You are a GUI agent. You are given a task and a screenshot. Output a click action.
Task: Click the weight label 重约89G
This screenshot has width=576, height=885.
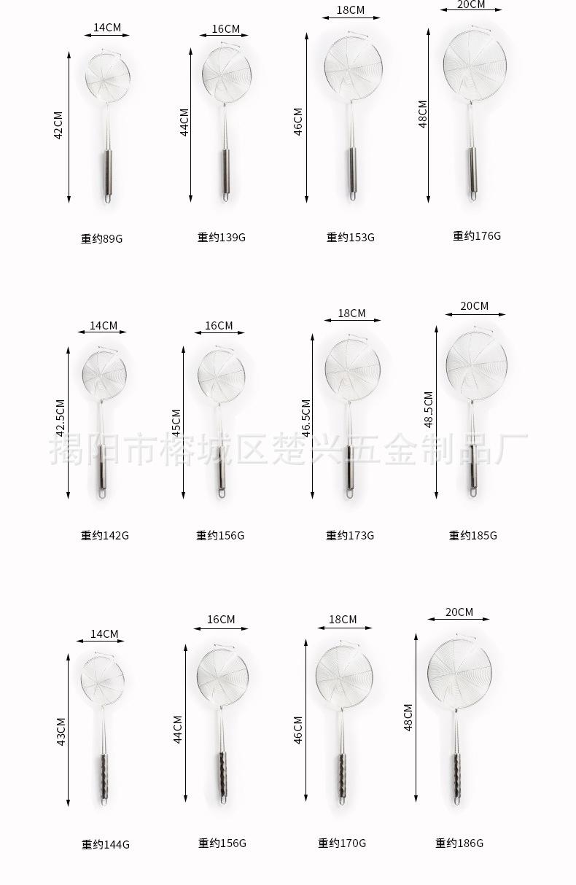pos(101,238)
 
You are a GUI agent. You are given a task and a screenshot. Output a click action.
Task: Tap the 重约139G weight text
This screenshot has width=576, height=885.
pos(221,237)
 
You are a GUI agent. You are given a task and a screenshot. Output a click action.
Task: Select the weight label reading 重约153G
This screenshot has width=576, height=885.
pos(350,237)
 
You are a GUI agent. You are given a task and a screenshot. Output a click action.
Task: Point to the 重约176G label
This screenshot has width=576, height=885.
pos(476,236)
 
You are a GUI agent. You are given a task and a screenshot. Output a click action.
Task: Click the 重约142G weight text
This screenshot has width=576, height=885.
pos(105,535)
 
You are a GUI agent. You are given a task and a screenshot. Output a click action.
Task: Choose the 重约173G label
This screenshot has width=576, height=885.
pos(350,535)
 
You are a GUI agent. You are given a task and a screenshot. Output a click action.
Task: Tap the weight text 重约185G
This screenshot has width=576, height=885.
pos(472,535)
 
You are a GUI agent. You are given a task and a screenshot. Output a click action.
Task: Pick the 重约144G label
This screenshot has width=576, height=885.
pos(106,844)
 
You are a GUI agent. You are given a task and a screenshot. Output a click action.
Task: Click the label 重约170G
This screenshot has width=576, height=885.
pos(342,843)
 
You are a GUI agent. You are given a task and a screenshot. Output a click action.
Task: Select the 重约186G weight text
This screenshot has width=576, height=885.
pos(459,843)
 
